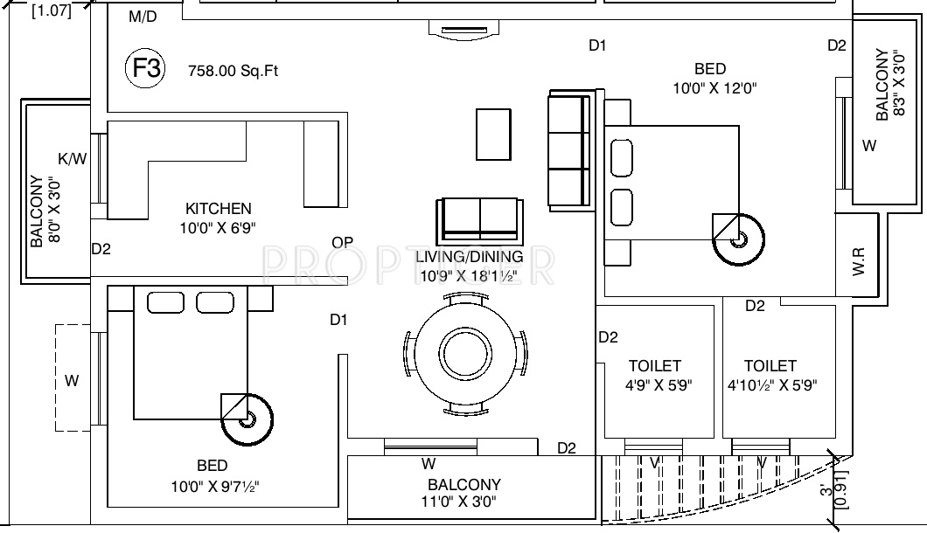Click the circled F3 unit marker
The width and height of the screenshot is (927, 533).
145,70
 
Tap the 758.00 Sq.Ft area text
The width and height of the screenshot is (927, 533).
233,72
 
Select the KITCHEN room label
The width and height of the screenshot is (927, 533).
219,209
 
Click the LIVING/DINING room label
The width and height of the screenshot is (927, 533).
469,257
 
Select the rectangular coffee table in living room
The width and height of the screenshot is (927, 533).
494,134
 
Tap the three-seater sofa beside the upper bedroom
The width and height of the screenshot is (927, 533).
566,149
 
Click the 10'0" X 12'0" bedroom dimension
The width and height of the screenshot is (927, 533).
714,88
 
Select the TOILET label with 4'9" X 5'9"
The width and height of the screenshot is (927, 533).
654,366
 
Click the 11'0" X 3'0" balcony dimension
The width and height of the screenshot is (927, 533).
463,502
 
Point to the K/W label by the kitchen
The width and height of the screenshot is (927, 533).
73,158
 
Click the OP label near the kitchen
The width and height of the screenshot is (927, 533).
342,242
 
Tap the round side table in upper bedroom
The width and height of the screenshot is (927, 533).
739,238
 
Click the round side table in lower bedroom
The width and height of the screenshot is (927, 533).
247,420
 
